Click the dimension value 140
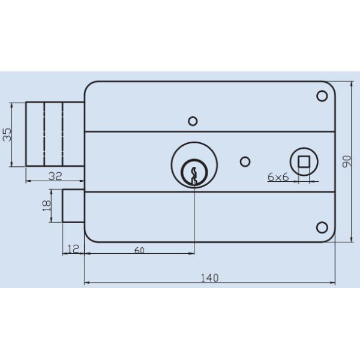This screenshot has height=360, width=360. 209,277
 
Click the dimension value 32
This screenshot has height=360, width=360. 55,176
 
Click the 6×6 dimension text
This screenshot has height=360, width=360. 278,177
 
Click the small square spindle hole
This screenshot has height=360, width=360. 304,161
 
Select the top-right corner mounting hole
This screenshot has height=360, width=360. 322,96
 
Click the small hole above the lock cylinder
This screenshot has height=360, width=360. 193,121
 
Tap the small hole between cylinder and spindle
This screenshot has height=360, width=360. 244,161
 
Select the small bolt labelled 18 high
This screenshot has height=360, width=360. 73,205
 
